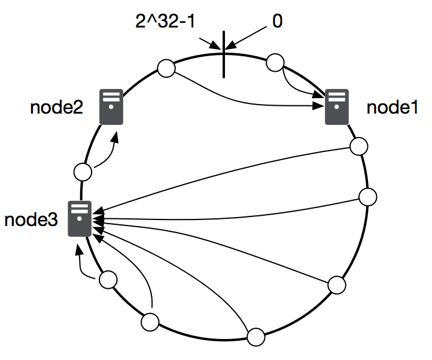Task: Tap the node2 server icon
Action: tap(111, 107)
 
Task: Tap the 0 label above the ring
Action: tap(277, 22)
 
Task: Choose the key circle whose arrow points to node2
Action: tap(83, 172)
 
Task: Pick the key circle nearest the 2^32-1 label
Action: tap(166, 68)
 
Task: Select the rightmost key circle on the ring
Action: tap(367, 197)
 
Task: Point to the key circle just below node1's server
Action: tap(359, 146)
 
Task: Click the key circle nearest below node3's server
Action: tap(108, 279)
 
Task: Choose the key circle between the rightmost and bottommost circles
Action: tap(337, 285)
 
